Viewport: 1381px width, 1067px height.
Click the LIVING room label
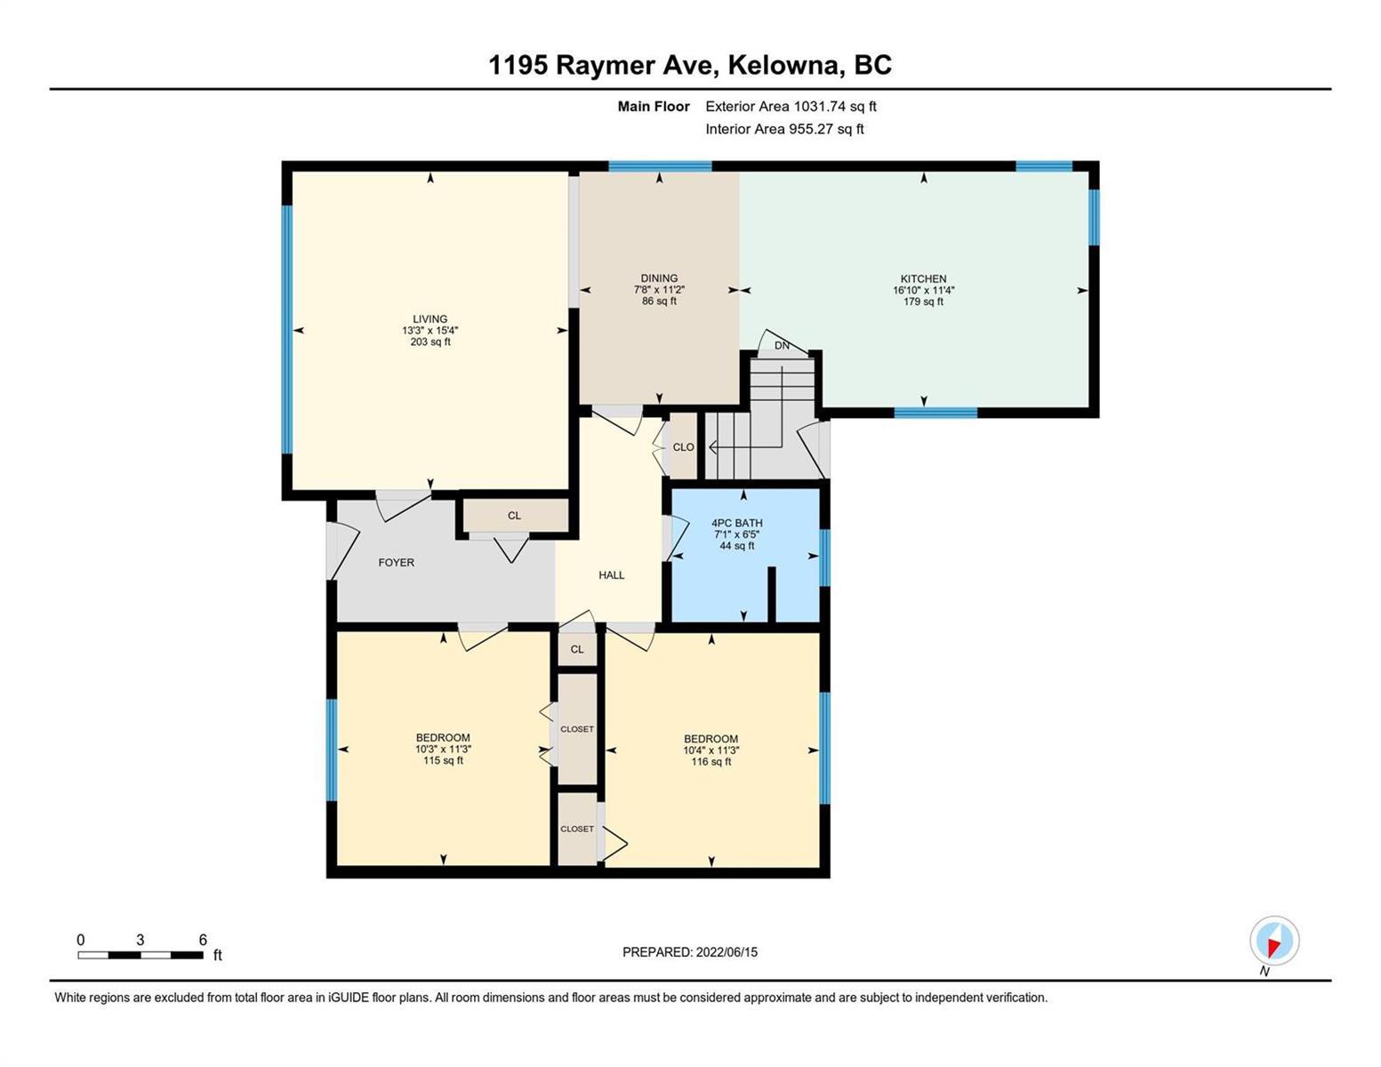coord(430,318)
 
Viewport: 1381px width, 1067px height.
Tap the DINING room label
coord(659,277)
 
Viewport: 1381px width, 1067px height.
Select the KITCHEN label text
coord(923,278)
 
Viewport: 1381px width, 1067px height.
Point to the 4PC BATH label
coord(736,522)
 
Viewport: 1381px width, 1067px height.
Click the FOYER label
coord(396,563)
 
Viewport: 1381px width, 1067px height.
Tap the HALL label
coord(612,575)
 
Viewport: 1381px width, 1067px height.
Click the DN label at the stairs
coord(782,346)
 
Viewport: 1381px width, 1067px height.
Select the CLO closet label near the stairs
coord(683,447)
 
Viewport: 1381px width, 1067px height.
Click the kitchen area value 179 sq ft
coord(923,301)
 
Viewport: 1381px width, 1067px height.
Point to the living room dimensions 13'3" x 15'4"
coord(430,330)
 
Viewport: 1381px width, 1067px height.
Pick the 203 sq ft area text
coord(430,341)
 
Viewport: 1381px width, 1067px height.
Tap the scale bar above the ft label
coord(141,955)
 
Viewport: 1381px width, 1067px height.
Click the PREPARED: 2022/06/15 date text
coord(690,952)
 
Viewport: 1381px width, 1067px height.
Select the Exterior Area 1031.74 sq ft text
coord(791,106)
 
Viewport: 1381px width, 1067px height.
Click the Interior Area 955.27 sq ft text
coord(784,129)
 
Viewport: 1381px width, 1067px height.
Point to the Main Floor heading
coord(654,106)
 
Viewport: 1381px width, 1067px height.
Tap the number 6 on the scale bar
coord(203,939)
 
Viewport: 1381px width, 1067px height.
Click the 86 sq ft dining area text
coord(659,301)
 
